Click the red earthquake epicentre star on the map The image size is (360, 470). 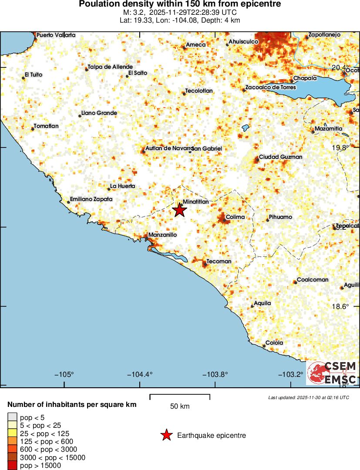coord(179,210)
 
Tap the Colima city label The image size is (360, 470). coord(235,217)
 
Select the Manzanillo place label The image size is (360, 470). coord(162,235)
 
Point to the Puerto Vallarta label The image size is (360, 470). coord(56,35)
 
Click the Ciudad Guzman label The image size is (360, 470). coord(280,157)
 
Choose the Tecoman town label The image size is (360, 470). coord(219,261)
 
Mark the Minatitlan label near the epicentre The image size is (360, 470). coord(196,202)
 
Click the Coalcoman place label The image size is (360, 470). coord(313,279)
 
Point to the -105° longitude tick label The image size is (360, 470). coord(64,375)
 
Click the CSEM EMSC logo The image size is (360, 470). coord(332,373)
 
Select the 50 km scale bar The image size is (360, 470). coord(180,397)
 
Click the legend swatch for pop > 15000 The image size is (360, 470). coord(13,466)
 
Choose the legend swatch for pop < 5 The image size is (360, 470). coord(13,417)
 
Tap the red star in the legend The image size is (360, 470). coord(166,435)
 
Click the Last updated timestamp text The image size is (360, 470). coord(309,397)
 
